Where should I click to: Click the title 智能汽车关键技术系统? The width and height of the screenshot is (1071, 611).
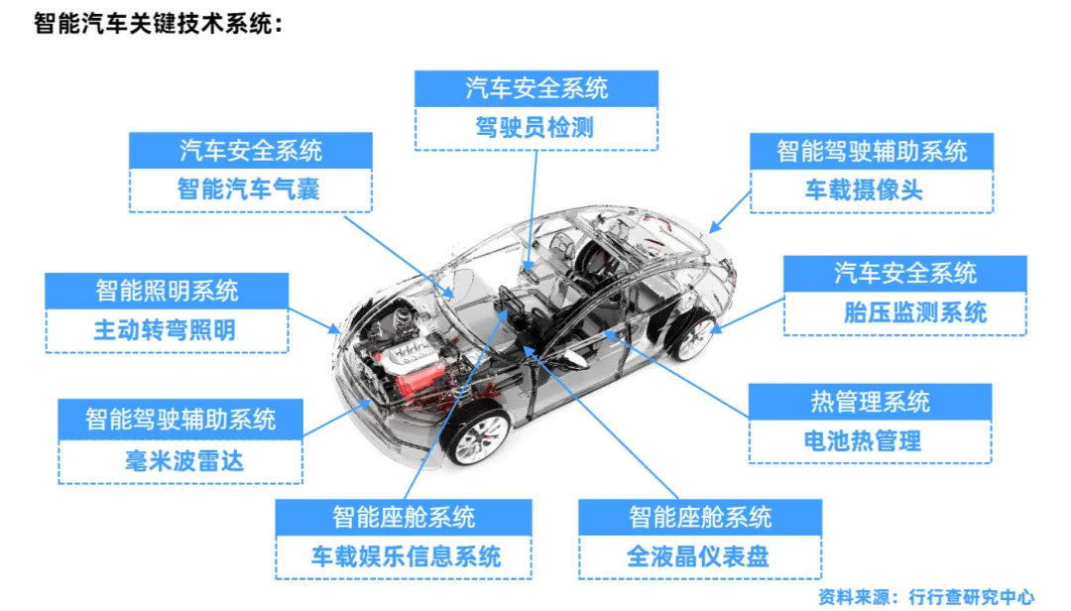[x=158, y=24]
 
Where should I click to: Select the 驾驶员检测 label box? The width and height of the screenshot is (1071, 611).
[x=535, y=128]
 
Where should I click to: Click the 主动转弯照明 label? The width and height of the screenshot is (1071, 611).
[x=166, y=330]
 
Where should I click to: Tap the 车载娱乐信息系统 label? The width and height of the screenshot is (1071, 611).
[x=405, y=555]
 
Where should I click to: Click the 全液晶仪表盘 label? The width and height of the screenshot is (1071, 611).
[x=698, y=555]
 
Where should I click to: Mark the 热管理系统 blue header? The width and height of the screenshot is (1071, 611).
[x=870, y=402]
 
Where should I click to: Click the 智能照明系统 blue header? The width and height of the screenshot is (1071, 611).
[x=167, y=292]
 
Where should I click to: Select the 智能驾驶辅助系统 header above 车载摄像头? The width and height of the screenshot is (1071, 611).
[x=871, y=152]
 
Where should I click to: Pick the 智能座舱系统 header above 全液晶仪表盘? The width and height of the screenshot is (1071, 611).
[x=699, y=518]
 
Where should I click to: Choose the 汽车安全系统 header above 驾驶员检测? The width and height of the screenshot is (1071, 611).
[x=535, y=88]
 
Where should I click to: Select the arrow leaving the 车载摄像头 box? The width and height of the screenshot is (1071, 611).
[x=731, y=209]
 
